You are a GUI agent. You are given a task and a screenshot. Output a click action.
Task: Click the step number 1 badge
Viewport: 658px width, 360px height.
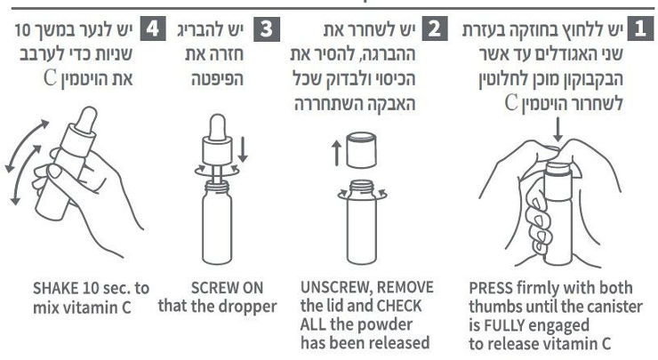[x=640, y=28]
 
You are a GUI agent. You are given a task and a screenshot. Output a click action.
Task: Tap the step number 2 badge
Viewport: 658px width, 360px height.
[x=435, y=28]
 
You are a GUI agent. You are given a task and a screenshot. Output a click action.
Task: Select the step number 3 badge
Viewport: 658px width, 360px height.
[x=267, y=29]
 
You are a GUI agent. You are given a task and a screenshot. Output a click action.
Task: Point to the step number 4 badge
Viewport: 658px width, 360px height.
[x=153, y=29]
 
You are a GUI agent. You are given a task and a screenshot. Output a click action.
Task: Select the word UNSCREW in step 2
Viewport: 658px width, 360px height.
[x=332, y=288]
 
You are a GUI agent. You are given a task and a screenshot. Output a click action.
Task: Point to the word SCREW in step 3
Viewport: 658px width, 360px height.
[x=214, y=288]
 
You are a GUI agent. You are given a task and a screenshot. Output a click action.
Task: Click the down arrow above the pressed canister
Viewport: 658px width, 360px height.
[x=558, y=130]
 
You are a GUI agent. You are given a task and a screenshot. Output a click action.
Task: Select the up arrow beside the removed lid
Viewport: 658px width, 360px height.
[x=336, y=153]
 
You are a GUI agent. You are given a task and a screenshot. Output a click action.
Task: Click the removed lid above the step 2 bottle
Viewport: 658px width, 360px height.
[x=362, y=150]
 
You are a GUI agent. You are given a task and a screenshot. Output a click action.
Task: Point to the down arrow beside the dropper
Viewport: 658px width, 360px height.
[x=243, y=150]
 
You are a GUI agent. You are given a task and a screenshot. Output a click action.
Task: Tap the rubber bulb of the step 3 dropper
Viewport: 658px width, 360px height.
[x=217, y=127]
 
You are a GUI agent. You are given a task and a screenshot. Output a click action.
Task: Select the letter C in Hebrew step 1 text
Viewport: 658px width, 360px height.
[x=510, y=103]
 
